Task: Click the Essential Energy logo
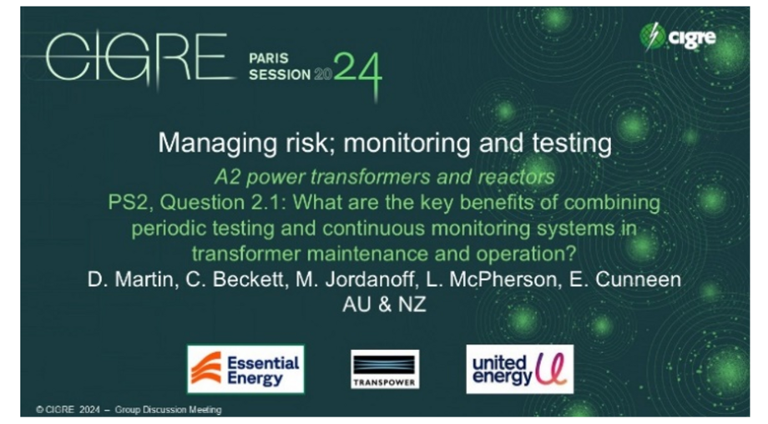coord(245,369)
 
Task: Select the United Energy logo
coord(519,369)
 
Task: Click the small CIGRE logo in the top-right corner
coord(677,37)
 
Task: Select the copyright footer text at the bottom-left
coord(129,410)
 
